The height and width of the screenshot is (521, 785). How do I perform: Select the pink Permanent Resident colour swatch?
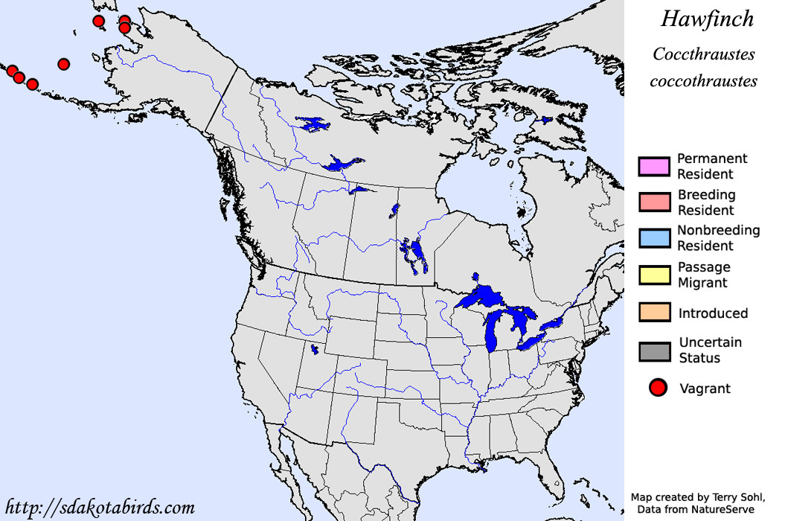(x=653, y=167)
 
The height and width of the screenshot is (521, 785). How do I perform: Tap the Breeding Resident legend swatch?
(x=653, y=202)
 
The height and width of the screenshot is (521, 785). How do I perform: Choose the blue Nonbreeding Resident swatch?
(x=653, y=238)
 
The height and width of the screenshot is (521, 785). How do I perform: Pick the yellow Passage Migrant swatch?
(x=653, y=275)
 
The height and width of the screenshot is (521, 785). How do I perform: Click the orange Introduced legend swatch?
(x=653, y=313)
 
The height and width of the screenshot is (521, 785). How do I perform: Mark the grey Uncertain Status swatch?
(x=653, y=351)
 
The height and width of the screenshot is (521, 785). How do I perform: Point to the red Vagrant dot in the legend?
(x=657, y=388)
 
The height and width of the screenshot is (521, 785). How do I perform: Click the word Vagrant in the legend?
(x=705, y=389)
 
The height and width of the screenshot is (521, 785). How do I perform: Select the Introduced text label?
(x=713, y=313)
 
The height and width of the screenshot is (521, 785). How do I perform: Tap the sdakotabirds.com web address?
(x=99, y=508)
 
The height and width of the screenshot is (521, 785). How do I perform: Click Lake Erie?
(x=536, y=342)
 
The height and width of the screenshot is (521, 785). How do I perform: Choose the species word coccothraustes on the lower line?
(x=703, y=80)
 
